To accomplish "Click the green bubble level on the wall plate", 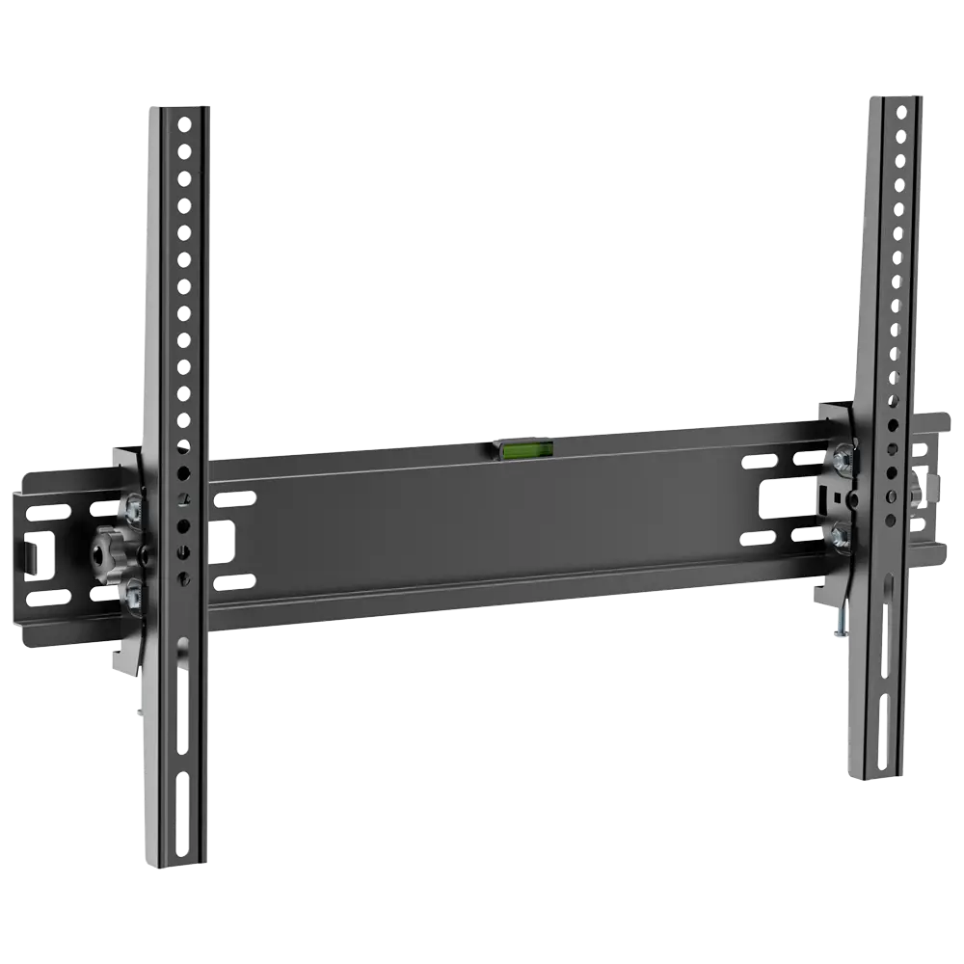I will [x=523, y=447].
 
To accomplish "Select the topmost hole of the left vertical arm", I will [x=184, y=124].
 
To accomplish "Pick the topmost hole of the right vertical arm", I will [x=902, y=113].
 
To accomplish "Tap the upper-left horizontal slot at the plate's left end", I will [x=47, y=513].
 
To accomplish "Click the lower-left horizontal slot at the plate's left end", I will [x=48, y=598].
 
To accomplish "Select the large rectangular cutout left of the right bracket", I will [x=777, y=498].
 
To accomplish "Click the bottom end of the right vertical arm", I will [x=872, y=776].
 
